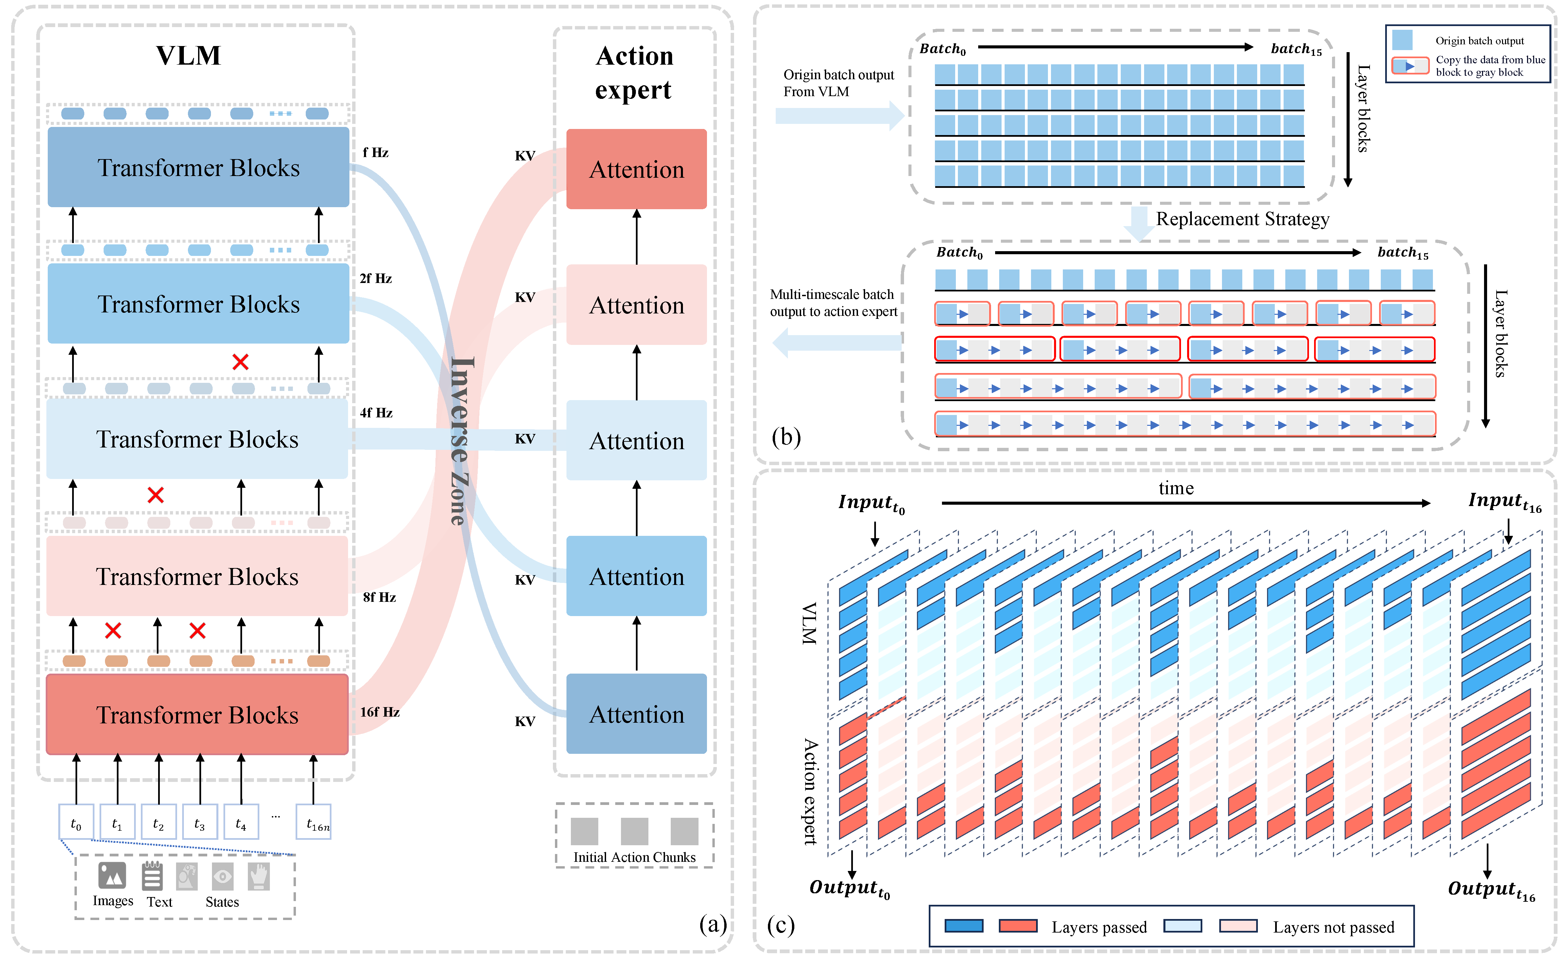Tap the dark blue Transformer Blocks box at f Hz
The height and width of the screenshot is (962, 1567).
pyautogui.click(x=198, y=167)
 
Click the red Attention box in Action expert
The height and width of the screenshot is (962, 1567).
pyautogui.click(x=636, y=169)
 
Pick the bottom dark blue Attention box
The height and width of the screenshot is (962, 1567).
pyautogui.click(x=636, y=714)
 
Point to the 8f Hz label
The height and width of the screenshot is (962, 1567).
pyautogui.click(x=379, y=597)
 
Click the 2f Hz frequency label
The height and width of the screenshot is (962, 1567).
pyautogui.click(x=375, y=278)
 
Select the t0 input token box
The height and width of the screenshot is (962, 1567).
pyautogui.click(x=76, y=822)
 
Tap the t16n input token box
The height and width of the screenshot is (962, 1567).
pyautogui.click(x=314, y=822)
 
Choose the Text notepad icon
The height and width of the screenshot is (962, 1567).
pyautogui.click(x=152, y=876)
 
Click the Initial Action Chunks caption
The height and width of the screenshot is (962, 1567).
pyautogui.click(x=634, y=857)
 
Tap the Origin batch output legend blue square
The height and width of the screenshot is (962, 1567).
pyautogui.click(x=1402, y=40)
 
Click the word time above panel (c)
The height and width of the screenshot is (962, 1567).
pyautogui.click(x=1176, y=488)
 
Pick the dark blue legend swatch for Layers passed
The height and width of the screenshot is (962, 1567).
pyautogui.click(x=964, y=926)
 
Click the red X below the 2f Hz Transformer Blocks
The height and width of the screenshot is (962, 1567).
pyautogui.click(x=240, y=362)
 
